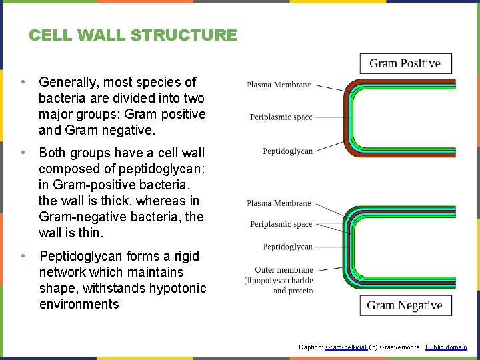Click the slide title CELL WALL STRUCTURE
coord(133,35)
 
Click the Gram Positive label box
coord(405,63)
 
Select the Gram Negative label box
coord(405,305)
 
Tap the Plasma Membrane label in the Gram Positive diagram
coord(279,85)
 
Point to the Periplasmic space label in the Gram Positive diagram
coord(281,117)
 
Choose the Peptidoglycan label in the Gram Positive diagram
coord(287,151)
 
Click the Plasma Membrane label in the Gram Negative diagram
coord(279,203)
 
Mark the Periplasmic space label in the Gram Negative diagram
coord(281,224)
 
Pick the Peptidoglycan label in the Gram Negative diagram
coord(287,247)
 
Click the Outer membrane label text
coord(283,270)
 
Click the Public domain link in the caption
coord(447,347)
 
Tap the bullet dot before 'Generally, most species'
coord(23,82)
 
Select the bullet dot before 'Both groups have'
coord(23,153)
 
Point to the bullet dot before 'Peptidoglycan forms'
coord(23,256)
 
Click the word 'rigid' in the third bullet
coord(184,256)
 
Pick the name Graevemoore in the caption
coord(399,347)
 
